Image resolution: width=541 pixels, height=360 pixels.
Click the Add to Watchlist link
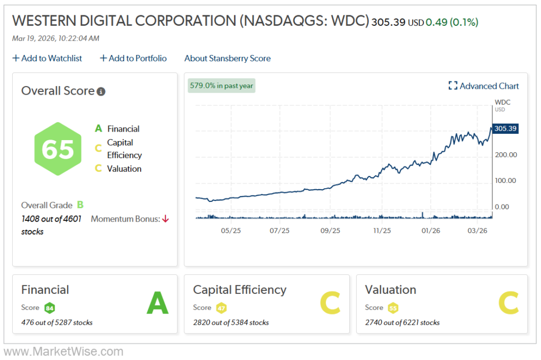tap(47, 58)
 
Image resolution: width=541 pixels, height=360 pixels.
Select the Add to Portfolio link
tap(133, 58)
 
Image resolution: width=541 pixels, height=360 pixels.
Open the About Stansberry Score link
tap(227, 58)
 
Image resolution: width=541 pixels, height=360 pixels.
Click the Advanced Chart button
tap(483, 86)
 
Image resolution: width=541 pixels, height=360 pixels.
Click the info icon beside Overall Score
tap(101, 91)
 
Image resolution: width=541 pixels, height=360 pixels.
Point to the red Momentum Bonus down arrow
tap(165, 219)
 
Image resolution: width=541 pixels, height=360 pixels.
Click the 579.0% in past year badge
tap(221, 86)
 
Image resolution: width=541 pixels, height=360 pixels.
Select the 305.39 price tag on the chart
tap(505, 128)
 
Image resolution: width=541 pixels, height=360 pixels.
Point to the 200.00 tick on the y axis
tap(505, 154)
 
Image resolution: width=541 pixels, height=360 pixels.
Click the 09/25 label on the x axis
tap(330, 230)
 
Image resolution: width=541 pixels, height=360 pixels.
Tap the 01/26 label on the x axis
tap(431, 230)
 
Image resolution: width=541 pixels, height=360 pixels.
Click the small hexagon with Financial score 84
tap(50, 308)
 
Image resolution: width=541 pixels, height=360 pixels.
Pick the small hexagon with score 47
tap(221, 308)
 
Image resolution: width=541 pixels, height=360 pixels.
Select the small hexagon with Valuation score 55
tap(393, 308)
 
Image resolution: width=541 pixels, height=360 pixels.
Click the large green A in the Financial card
tap(157, 303)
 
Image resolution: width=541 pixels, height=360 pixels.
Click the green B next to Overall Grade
tap(80, 205)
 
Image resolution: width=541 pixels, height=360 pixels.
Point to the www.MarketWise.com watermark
tap(63, 352)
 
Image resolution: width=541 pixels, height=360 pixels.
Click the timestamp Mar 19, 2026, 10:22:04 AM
tap(55, 38)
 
